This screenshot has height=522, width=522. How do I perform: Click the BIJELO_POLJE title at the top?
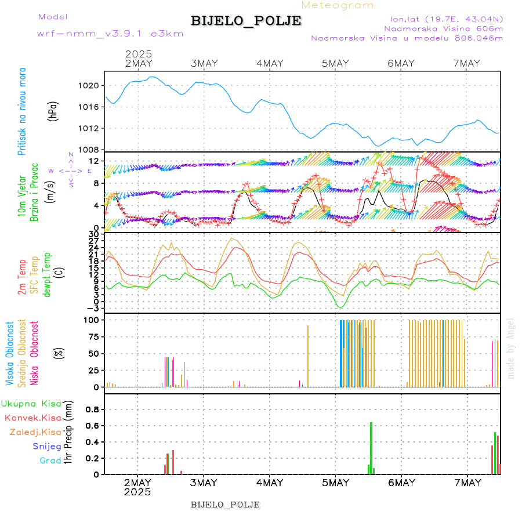246,21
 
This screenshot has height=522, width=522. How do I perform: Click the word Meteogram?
338,5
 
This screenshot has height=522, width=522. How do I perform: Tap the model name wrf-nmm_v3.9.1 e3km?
110,34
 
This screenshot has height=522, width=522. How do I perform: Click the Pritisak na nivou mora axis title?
22,111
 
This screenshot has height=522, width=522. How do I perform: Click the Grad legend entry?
50,461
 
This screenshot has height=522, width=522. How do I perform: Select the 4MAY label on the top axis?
270,63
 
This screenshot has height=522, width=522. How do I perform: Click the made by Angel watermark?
510,348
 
